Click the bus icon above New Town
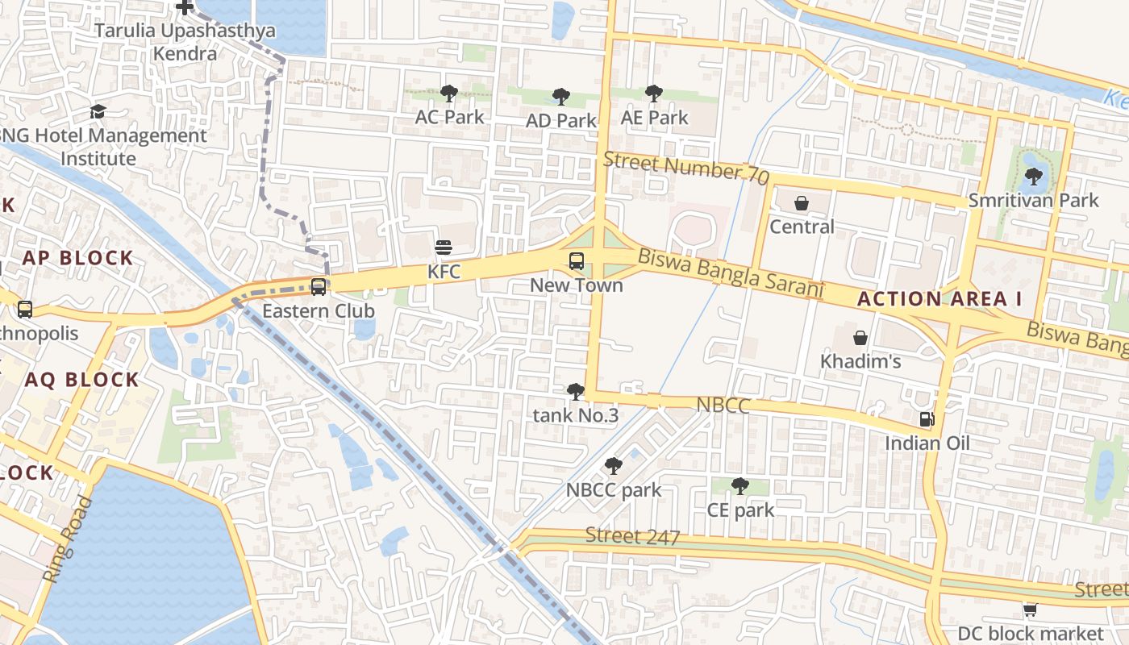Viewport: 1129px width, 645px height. [577, 260]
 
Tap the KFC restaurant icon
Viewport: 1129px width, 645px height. [443, 247]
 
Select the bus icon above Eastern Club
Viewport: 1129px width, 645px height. [319, 286]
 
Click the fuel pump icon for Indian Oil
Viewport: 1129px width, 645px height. [927, 418]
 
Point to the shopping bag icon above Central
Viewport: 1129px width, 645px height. [802, 203]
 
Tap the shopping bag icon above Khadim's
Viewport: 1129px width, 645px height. [860, 337]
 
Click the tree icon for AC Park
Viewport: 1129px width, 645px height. [449, 94]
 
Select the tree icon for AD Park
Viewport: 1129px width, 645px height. [560, 98]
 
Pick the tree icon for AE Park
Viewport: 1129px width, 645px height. [654, 94]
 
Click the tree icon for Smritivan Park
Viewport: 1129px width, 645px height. [1033, 176]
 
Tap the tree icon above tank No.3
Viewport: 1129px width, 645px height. [575, 392]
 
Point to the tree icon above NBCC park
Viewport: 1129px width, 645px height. [613, 465]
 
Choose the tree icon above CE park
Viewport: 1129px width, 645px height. [739, 485]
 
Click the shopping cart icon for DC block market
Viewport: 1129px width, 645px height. [1030, 610]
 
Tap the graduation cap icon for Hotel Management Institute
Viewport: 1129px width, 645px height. [98, 111]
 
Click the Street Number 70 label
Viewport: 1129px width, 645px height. [685, 168]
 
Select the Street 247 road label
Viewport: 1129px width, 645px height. [632, 536]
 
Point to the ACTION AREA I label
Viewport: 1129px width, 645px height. [939, 299]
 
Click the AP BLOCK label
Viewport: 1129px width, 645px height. [77, 258]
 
